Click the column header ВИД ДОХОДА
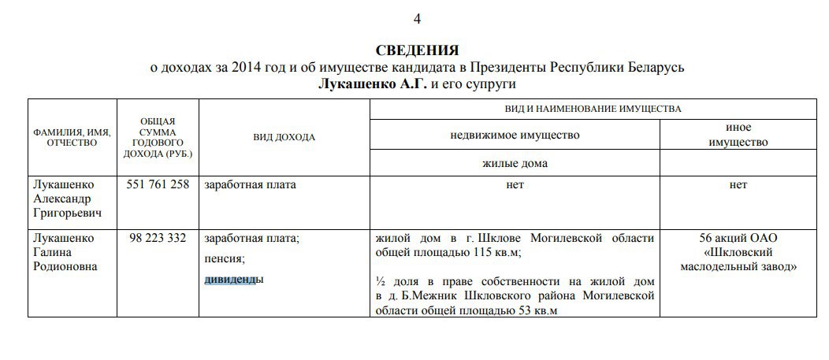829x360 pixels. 284,137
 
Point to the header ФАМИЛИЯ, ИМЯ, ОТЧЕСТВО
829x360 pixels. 72,137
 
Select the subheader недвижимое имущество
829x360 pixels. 515,135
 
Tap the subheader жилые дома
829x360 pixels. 515,164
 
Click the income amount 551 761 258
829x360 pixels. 158,185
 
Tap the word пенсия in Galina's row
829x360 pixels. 223,258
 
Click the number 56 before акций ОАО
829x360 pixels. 707,238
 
